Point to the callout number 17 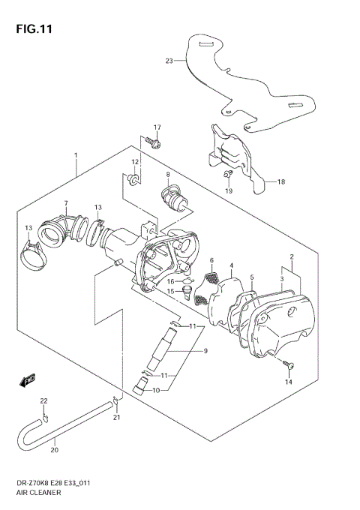point(157,127)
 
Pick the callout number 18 point(281,181)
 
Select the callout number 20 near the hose point(54,451)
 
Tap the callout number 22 point(43,401)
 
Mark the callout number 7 point(66,203)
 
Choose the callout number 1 point(76,155)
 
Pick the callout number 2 point(291,257)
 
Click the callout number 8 point(168,175)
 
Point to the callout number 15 point(170,291)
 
